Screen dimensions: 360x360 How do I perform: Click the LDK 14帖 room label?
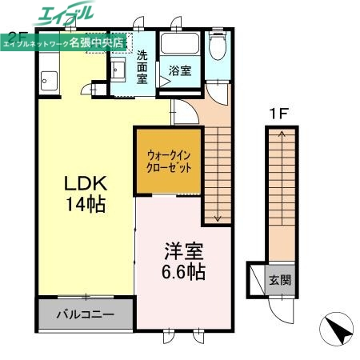click(x=85, y=193)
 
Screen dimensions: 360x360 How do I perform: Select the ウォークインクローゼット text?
click(x=169, y=162)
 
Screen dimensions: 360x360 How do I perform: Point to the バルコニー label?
click(x=84, y=314)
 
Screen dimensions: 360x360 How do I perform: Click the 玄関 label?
click(x=280, y=281)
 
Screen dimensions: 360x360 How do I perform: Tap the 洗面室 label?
click(x=142, y=67)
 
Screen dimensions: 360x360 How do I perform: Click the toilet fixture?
click(x=218, y=46)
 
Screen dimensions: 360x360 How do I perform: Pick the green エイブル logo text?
click(x=66, y=14)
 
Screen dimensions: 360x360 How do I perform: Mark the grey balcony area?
click(x=85, y=314)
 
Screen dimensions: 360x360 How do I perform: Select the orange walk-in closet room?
click(x=168, y=162)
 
